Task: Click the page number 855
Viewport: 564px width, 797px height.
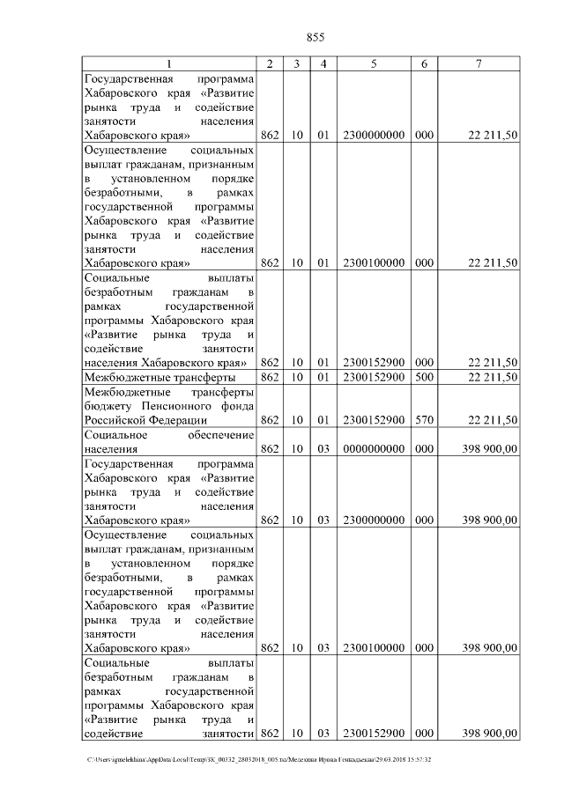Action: [x=315, y=36]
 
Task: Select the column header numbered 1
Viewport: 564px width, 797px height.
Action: [x=170, y=64]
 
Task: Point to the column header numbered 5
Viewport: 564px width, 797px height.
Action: [x=374, y=64]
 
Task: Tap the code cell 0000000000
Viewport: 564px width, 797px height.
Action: [x=374, y=449]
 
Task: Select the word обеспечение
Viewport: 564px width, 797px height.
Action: [x=220, y=435]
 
